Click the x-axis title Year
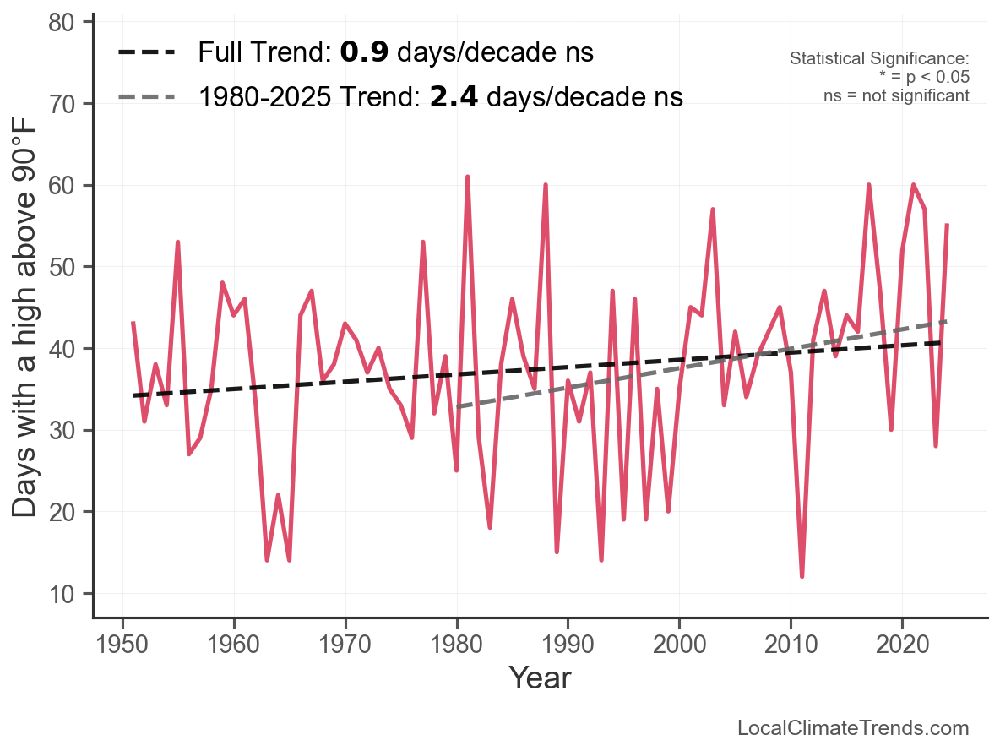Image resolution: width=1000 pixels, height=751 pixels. coord(540,678)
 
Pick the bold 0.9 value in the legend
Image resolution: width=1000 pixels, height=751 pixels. coord(364,52)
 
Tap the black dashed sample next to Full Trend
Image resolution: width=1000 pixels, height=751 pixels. coord(147,52)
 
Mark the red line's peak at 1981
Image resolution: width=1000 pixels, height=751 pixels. coord(467,177)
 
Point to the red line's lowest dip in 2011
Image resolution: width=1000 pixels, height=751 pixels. coord(802,576)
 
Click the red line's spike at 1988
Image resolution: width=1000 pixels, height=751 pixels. coord(546,185)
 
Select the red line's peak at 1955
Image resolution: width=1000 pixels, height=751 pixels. coord(178,242)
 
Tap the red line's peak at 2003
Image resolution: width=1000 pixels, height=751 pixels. coord(713,210)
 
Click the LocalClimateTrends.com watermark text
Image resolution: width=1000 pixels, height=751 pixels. coord(853,728)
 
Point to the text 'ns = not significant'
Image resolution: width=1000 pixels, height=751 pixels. coord(896,95)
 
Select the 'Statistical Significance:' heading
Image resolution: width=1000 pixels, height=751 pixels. coord(879,58)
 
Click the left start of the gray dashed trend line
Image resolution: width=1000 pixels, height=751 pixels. coord(457,406)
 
